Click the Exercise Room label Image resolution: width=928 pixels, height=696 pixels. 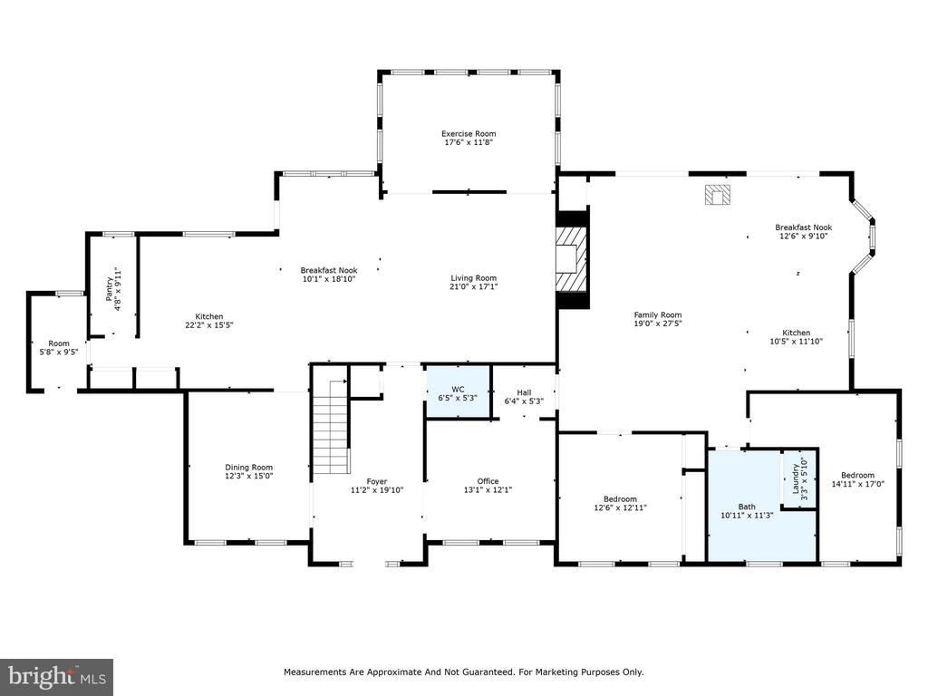(x=469, y=134)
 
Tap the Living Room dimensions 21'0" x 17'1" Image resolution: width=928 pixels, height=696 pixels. (x=473, y=287)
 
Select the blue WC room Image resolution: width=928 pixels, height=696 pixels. (x=459, y=393)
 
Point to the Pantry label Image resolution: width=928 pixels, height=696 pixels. (x=109, y=289)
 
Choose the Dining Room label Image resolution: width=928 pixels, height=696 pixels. (x=248, y=467)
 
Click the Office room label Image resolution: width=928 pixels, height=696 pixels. (x=488, y=481)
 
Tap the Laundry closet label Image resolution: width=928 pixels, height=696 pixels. (x=796, y=478)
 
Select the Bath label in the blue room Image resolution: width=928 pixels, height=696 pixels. (x=747, y=507)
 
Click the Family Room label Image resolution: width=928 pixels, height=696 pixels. (x=658, y=314)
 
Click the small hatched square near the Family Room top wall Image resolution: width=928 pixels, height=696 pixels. (x=718, y=195)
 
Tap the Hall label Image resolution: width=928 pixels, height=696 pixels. (x=524, y=392)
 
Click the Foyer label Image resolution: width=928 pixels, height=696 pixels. (x=376, y=482)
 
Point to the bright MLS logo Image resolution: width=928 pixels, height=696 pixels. (x=57, y=676)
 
